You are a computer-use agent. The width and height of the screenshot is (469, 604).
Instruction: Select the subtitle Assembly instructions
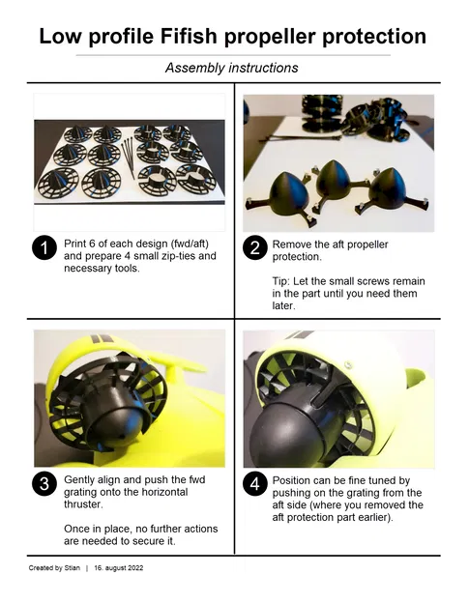pyautogui.click(x=231, y=68)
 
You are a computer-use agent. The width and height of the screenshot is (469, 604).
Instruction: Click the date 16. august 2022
pyautogui.click(x=118, y=567)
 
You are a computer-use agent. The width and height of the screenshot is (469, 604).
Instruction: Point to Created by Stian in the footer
pyautogui.click(x=54, y=567)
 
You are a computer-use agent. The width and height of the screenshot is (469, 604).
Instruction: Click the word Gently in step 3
pyautogui.click(x=81, y=479)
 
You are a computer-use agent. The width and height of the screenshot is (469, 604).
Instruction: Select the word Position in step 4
pyautogui.click(x=293, y=479)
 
